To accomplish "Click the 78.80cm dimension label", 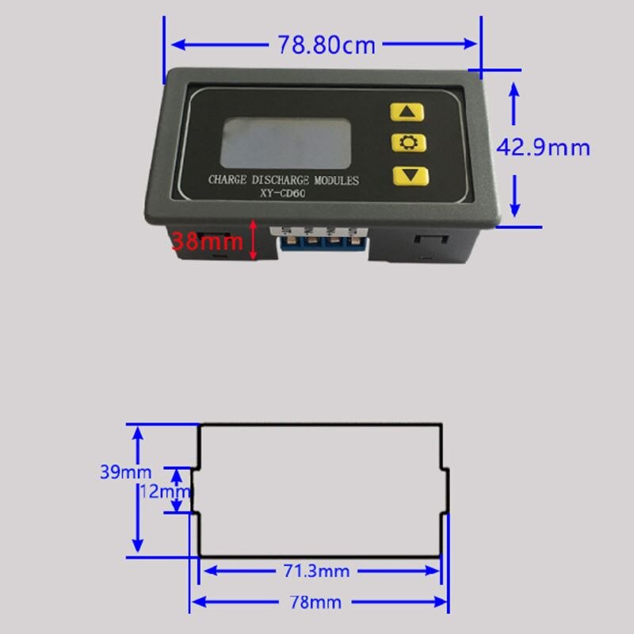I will [x=325, y=44].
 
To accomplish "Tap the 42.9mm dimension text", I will [x=544, y=147].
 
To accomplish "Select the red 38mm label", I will [x=208, y=240].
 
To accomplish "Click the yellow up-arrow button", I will [x=409, y=112].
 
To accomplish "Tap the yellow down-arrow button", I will [x=409, y=175].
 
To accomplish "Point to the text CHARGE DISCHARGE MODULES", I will [x=283, y=181].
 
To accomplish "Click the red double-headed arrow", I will [x=254, y=240].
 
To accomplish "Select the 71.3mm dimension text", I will [x=317, y=571].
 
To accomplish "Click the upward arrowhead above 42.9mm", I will [x=514, y=90].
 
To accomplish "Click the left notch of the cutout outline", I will [x=194, y=491].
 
